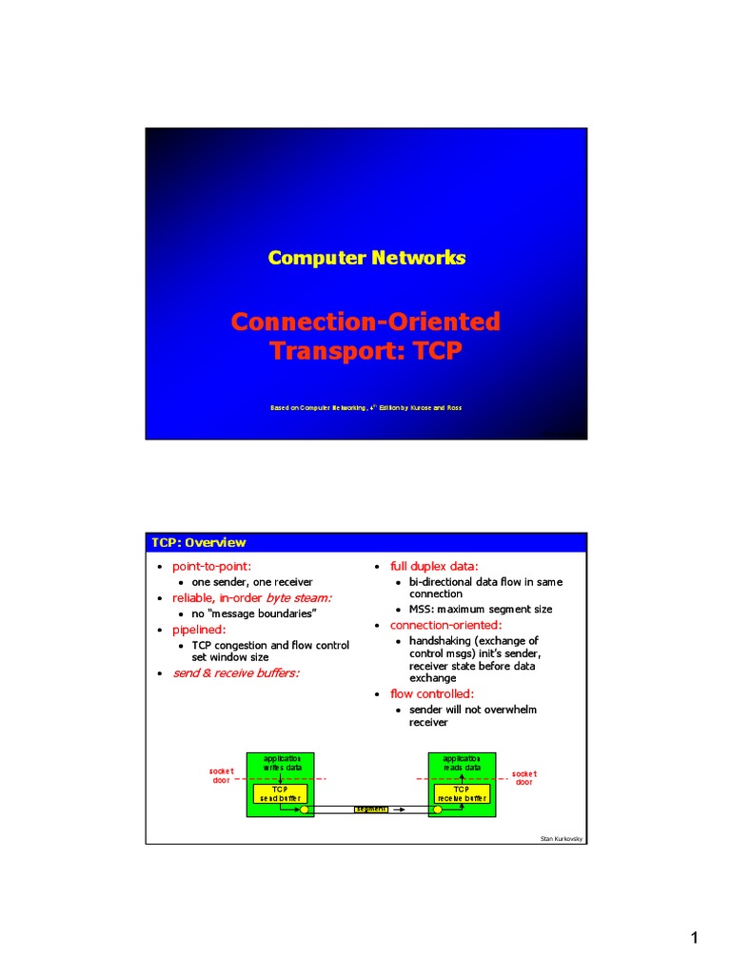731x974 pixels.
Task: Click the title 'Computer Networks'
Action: tap(366, 258)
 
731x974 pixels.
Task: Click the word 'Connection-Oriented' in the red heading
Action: tap(365, 321)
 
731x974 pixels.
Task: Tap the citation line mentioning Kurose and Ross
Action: tap(366, 408)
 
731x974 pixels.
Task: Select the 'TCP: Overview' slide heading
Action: tap(199, 543)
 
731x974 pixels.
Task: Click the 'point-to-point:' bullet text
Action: tap(211, 567)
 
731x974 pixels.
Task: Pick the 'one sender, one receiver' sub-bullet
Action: tap(252, 582)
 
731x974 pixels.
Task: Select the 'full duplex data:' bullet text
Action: tap(434, 567)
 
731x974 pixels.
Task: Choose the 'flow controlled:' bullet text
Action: tap(432, 694)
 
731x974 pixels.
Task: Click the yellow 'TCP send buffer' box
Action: tap(280, 794)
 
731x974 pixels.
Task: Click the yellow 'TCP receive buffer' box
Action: tap(462, 794)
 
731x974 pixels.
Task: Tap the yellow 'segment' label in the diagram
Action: tap(370, 809)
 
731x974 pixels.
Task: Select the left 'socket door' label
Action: tap(221, 776)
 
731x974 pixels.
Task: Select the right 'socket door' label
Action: tap(524, 778)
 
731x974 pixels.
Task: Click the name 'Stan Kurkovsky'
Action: tap(560, 838)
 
